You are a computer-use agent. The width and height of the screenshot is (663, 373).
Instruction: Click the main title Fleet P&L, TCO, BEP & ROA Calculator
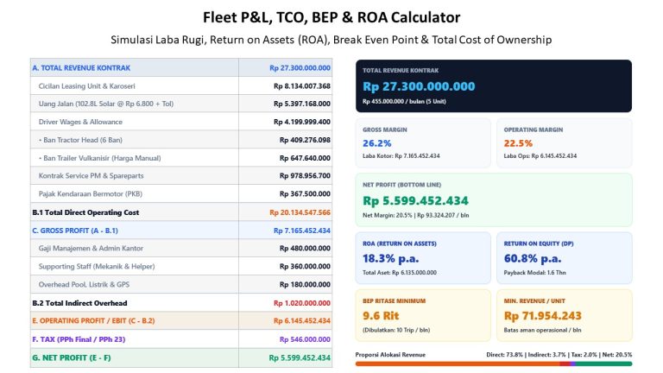331,17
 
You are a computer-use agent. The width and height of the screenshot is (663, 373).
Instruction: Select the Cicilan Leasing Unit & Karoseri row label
86,85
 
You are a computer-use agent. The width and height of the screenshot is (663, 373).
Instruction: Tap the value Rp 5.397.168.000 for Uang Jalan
302,104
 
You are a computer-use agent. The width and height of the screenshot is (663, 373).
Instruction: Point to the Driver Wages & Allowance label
80,122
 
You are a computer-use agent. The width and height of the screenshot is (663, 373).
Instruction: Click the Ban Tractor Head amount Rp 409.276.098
305,140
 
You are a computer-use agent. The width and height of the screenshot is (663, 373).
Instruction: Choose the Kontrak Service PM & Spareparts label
91,175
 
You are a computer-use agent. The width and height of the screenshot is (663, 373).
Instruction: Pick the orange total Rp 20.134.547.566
300,212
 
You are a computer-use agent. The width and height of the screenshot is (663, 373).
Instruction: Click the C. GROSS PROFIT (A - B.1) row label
75,231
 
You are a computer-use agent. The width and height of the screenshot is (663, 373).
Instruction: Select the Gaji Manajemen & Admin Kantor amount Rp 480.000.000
305,249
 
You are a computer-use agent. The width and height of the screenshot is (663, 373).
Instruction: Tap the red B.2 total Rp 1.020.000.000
302,303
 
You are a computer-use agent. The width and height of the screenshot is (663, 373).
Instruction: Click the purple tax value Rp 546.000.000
305,339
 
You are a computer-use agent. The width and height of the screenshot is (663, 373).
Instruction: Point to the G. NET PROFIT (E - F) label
72,357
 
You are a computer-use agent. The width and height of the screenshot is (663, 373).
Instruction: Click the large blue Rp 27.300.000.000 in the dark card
419,86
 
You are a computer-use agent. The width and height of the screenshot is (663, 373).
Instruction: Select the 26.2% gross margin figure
376,143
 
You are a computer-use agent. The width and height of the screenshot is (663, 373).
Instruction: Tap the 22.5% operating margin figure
518,143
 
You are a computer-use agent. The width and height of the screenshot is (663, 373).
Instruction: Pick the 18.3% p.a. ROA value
390,258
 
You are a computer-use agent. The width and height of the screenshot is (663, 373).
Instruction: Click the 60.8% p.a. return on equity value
532,258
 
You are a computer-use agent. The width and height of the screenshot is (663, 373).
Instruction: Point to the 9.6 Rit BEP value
381,315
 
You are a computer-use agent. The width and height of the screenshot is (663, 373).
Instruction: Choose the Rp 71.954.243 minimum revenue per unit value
542,315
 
